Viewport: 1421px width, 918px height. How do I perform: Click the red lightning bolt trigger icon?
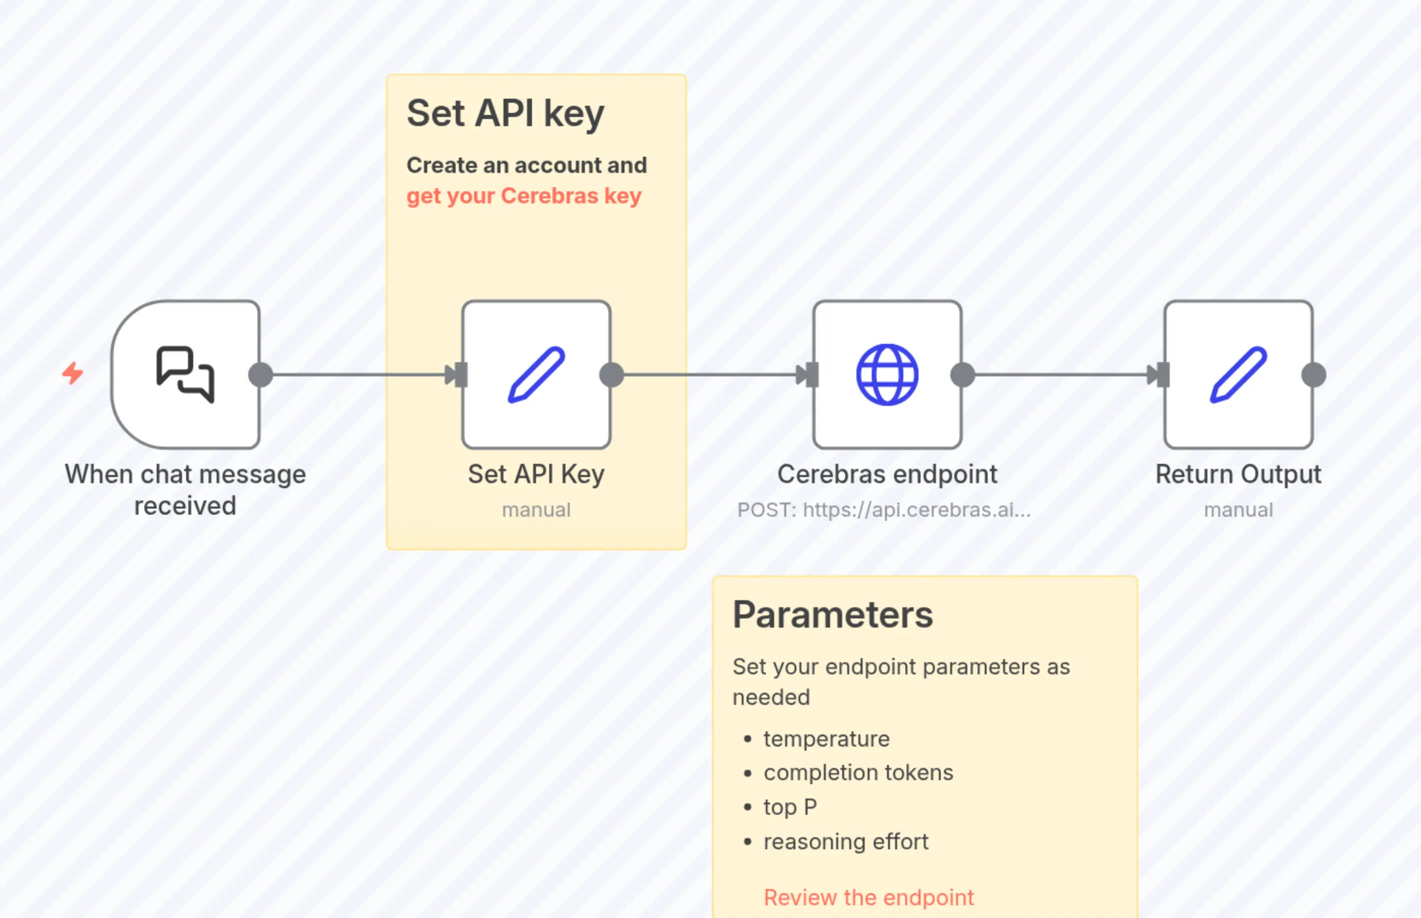[73, 373]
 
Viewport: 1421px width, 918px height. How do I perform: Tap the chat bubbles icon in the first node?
[185, 374]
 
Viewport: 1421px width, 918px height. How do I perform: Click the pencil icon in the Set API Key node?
[537, 374]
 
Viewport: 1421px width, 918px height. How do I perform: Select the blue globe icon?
[887, 374]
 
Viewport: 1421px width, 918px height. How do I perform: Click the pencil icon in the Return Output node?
[1238, 374]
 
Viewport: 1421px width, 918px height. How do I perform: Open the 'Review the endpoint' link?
[869, 897]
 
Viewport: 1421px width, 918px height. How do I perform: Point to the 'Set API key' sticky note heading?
[505, 113]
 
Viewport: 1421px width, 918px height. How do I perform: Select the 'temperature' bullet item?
[826, 738]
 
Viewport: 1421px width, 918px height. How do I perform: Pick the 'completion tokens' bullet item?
[858, 773]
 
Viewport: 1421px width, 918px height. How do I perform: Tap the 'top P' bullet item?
[790, 807]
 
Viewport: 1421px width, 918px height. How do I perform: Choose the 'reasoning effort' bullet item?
[846, 842]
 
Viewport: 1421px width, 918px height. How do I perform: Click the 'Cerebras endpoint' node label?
[887, 475]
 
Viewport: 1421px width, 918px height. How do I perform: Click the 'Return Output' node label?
[1238, 475]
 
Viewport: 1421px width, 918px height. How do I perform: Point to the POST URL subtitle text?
[883, 510]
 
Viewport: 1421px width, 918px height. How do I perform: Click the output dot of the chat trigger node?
[260, 375]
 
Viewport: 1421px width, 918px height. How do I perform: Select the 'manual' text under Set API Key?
[536, 510]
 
